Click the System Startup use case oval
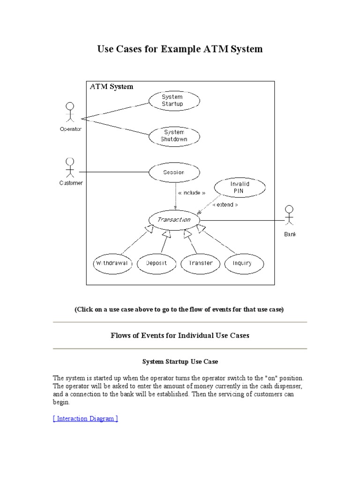tap(174, 101)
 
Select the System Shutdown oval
tap(174, 136)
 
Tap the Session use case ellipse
tap(174, 172)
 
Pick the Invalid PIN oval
tap(239, 187)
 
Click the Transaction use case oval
tap(174, 219)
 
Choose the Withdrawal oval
tap(112, 263)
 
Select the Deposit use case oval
tap(156, 263)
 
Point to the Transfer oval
tap(200, 263)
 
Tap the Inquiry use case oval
tap(242, 263)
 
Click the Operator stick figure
tap(70, 113)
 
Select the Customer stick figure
tap(70, 168)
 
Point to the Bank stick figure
tap(290, 217)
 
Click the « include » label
tap(191, 193)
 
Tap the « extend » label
tap(225, 205)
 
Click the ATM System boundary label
tap(112, 86)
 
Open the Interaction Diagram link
tap(85, 419)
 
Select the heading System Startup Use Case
tap(180, 362)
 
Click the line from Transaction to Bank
tap(241, 219)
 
